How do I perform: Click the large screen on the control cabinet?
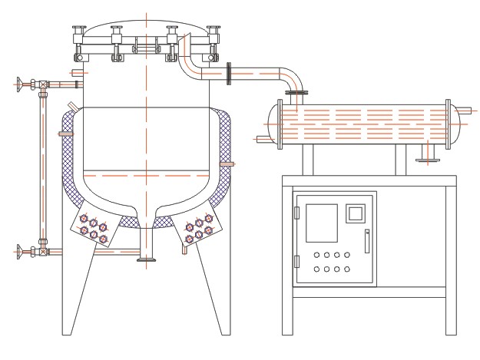click(322, 222)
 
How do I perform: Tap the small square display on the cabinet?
click(355, 212)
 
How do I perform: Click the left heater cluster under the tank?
click(93, 227)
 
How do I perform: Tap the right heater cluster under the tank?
click(199, 227)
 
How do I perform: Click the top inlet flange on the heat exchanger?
click(296, 94)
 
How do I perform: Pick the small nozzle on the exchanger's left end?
click(261, 139)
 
